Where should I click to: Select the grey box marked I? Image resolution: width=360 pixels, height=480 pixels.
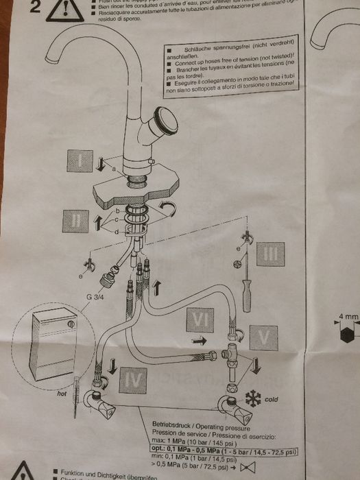coord(81,162)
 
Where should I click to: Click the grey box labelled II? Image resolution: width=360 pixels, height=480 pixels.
coord(76,220)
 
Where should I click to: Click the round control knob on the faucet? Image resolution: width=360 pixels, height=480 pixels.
coord(165,121)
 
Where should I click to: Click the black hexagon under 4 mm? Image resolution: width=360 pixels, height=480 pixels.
coord(348,337)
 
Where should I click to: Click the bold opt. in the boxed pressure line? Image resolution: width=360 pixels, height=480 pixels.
coord(157,450)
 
